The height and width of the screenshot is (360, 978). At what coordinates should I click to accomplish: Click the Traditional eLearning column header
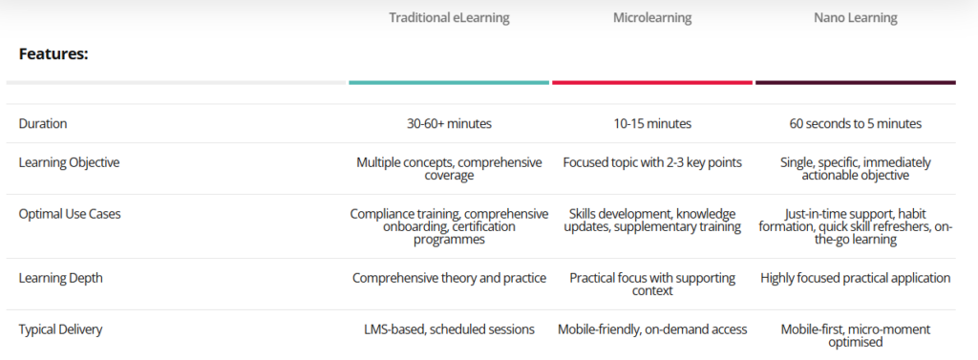coord(449,17)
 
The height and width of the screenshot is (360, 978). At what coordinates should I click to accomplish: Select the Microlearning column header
coord(652,17)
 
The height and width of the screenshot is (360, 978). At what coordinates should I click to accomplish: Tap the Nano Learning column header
coord(855,17)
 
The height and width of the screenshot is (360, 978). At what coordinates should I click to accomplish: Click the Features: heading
coord(53,54)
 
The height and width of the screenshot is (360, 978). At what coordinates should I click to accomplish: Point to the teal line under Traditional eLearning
coord(449,82)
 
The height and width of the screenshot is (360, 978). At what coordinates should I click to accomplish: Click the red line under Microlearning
coord(652,82)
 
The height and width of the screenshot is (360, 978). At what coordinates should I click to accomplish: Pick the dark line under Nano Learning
coord(855,82)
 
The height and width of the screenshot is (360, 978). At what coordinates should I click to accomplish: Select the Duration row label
coord(43,123)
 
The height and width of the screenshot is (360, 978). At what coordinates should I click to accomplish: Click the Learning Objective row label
coord(69,162)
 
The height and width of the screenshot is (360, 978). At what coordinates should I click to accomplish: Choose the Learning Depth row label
coord(59,278)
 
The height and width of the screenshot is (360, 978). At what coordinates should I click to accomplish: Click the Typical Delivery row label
coord(60,329)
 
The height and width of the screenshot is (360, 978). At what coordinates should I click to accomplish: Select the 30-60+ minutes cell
coord(449,123)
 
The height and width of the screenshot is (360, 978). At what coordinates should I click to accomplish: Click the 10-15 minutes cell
coord(652,123)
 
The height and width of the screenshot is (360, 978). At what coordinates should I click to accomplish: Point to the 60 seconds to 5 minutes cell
coord(855,123)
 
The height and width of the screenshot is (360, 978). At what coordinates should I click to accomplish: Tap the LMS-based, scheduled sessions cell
coord(449,329)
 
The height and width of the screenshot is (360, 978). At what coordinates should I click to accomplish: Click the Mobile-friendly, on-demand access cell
coord(652,329)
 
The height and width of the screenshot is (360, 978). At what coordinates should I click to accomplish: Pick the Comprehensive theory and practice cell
coord(449,278)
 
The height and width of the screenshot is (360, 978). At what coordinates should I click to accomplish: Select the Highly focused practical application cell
coord(855,278)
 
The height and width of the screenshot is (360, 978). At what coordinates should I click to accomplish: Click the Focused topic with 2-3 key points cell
coord(652,162)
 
